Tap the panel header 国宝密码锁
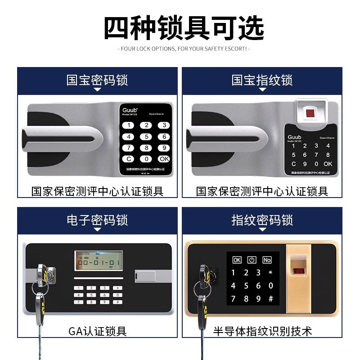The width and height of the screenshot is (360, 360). pos(97,81)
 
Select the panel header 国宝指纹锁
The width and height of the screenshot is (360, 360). pos(262,81)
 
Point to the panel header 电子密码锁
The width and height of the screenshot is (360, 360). pos(97,220)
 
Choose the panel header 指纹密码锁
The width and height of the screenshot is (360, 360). pos(262,220)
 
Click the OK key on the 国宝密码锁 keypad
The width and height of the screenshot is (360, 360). pos(164,159)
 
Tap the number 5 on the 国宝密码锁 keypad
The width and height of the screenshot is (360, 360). pos(146,137)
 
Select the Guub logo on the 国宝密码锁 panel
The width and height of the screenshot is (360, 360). pos(130,110)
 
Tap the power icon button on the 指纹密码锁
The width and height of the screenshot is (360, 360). pos(252,260)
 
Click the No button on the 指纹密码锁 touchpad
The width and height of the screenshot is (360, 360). pos(267,260)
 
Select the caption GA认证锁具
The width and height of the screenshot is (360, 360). pos(97,332)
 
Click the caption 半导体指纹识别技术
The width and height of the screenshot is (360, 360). pos(262,332)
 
